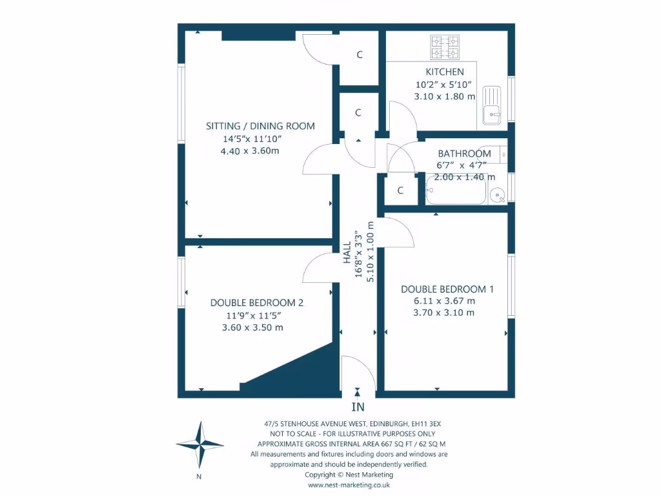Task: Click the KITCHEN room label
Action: click(x=444, y=72)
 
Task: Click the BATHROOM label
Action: click(x=464, y=154)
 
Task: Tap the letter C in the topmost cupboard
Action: click(x=360, y=55)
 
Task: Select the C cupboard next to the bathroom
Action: click(x=400, y=191)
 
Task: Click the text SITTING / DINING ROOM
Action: click(x=260, y=126)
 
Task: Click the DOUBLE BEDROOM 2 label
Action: click(x=257, y=303)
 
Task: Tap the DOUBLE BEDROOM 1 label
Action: click(x=447, y=289)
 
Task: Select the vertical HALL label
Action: click(x=347, y=252)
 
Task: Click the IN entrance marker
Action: click(x=358, y=407)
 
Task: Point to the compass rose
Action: click(x=199, y=445)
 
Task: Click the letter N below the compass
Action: click(x=199, y=477)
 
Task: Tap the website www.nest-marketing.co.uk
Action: click(x=349, y=484)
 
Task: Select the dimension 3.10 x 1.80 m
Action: click(x=445, y=96)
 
